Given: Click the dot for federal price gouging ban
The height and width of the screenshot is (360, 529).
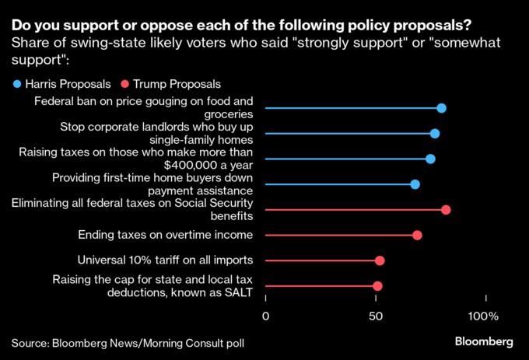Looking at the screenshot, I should pyautogui.click(x=441, y=108).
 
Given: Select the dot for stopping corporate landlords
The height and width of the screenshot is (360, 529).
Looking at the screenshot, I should pyautogui.click(x=435, y=134).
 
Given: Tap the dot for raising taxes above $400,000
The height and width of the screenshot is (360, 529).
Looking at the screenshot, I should pyautogui.click(x=430, y=159).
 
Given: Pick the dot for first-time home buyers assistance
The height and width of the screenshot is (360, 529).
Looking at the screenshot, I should pyautogui.click(x=415, y=184).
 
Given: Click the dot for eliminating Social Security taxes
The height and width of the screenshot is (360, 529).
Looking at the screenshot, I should pyautogui.click(x=446, y=210).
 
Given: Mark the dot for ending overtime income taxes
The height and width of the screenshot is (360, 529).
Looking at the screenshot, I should pyautogui.click(x=417, y=235).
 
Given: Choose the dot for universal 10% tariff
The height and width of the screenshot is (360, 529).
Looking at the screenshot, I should pyautogui.click(x=380, y=260).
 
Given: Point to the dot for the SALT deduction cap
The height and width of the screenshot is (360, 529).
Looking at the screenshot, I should pyautogui.click(x=377, y=286).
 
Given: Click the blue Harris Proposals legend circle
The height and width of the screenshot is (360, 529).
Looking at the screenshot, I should pyautogui.click(x=16, y=83).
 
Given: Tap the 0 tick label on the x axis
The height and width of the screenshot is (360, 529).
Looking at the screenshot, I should pyautogui.click(x=265, y=316).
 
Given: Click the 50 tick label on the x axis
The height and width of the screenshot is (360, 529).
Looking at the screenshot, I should pyautogui.click(x=376, y=316).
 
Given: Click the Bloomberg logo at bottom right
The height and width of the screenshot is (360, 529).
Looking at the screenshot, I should pyautogui.click(x=483, y=342).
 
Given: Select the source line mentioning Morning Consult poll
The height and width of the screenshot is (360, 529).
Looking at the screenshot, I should pyautogui.click(x=132, y=342).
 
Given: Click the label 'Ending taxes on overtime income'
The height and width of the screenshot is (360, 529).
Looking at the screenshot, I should pyautogui.click(x=166, y=235).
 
